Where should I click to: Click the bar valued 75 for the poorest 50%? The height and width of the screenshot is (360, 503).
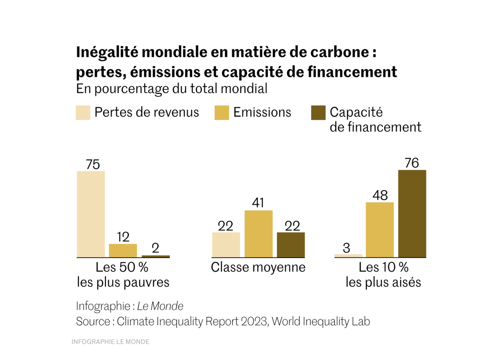point(91,214)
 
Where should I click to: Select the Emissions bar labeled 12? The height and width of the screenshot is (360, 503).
point(123,251)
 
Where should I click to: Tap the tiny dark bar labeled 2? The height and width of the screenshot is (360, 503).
point(156,256)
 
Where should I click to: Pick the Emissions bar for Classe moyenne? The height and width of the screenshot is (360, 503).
point(258,234)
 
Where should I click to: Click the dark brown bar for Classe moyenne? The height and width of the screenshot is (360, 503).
point(291,245)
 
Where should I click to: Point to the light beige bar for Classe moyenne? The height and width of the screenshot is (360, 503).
point(226,245)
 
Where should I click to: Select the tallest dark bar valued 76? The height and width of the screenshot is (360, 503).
point(412,214)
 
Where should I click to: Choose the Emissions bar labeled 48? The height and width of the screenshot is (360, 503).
point(380,230)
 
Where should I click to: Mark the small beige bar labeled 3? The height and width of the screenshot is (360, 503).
point(348,256)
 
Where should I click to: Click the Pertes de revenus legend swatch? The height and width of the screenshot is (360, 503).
point(83,113)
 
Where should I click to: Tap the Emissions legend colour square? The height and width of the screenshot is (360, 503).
point(221,113)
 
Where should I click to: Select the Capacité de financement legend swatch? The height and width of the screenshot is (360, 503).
point(318,113)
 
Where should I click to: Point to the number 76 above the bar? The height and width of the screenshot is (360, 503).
point(412,163)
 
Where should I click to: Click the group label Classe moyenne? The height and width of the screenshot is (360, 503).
point(258,267)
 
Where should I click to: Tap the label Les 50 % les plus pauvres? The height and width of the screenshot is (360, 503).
point(123,275)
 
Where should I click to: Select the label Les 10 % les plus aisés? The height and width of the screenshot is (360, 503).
point(383,275)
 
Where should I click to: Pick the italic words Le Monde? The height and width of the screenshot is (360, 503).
point(160,306)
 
